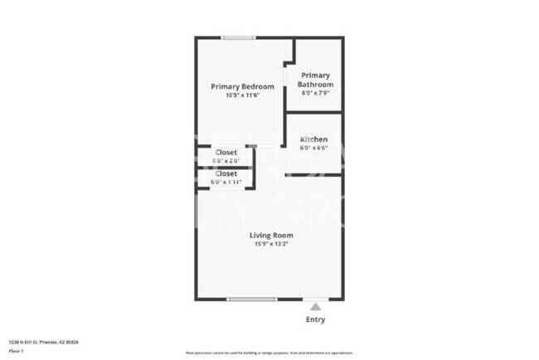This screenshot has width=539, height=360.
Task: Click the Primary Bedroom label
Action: coord(242,86)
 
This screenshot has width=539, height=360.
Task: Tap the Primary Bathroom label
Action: coord(317,80)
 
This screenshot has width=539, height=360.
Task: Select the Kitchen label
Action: coord(313,139)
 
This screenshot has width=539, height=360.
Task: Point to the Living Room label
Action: coord(271,235)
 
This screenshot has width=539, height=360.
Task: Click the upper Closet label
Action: coord(226,153)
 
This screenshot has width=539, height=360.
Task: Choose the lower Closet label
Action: coord(226,173)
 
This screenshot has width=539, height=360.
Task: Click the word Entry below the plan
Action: coord(315,319)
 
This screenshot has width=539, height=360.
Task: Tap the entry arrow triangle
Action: coord(315,307)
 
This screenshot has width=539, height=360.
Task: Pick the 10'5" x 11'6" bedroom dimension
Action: coord(242,95)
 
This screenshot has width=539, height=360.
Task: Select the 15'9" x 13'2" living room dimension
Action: coord(271,244)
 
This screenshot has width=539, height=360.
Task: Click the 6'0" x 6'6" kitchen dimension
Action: coord(313,148)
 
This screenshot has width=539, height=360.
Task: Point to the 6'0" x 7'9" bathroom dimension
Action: coord(317,93)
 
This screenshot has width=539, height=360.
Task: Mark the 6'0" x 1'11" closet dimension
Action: coord(226,182)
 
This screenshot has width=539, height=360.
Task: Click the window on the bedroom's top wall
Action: coord(239,37)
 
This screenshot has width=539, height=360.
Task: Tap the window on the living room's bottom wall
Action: coord(251,299)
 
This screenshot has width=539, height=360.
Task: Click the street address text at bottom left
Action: coord(40,342)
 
